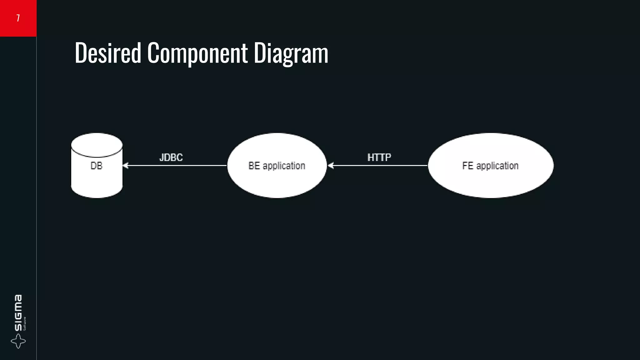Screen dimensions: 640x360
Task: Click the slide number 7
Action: pos(18,18)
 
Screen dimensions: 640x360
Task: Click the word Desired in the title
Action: pos(108,53)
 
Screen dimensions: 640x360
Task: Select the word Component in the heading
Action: pos(197,53)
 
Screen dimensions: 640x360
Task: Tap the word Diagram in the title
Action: pos(291,53)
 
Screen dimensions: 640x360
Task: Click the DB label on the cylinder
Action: pos(96,166)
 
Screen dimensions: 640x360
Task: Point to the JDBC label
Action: pos(171,157)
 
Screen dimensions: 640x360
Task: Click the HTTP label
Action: pos(379,157)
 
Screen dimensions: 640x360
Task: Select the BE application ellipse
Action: pos(277,181)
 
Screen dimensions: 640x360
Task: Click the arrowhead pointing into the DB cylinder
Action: pos(126,166)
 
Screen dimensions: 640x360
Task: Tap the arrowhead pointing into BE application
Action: pos(331,166)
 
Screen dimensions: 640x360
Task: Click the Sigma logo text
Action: pos(18,312)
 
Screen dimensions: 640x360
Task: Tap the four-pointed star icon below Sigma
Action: pos(18,341)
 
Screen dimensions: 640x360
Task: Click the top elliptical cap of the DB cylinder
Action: pos(97,145)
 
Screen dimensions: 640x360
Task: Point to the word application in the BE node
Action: pos(284,166)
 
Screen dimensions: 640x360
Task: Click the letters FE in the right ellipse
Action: pos(467,166)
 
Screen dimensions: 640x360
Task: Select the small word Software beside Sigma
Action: pos(25,323)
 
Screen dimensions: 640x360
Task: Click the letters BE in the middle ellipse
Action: pos(254,166)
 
